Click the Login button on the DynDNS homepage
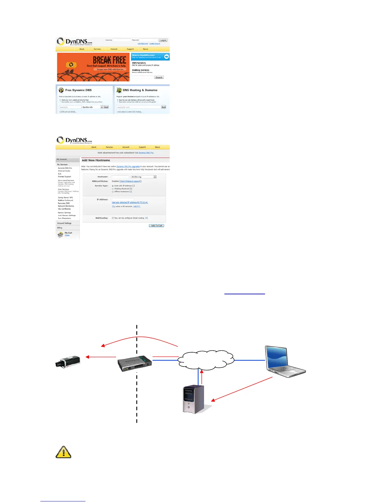coord(163,40)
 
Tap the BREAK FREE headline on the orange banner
coord(109,60)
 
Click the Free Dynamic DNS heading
coord(78,90)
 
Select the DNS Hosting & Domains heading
coord(140,90)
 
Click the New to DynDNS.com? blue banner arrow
coord(167,56)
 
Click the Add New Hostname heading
coord(96,160)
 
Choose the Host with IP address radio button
coord(113,186)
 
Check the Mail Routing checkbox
coord(113,218)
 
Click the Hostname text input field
coord(120,177)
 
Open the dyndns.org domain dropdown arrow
coord(155,177)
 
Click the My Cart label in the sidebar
coord(68,233)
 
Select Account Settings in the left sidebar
coord(64,223)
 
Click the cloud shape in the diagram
coord(206,360)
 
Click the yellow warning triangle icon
coord(63,452)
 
